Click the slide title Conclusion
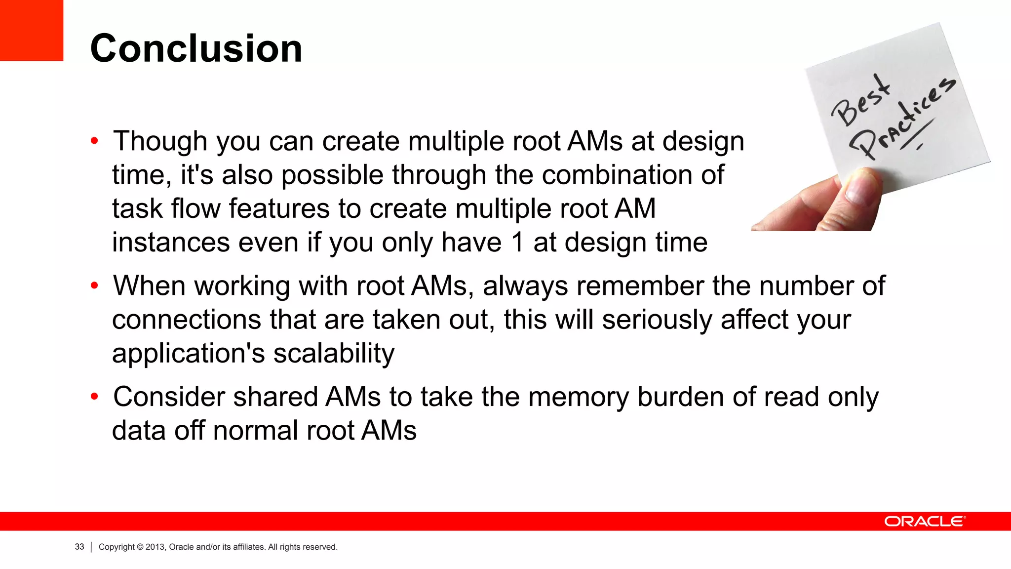pos(196,48)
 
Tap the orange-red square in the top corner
pos(32,30)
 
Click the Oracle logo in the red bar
pos(925,522)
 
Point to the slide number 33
pos(79,547)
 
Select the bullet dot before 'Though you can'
pos(94,142)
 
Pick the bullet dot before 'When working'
pos(94,286)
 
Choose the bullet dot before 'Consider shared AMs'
pos(94,397)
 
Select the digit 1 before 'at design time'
pos(517,243)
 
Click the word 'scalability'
pos(334,354)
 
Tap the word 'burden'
pos(680,397)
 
